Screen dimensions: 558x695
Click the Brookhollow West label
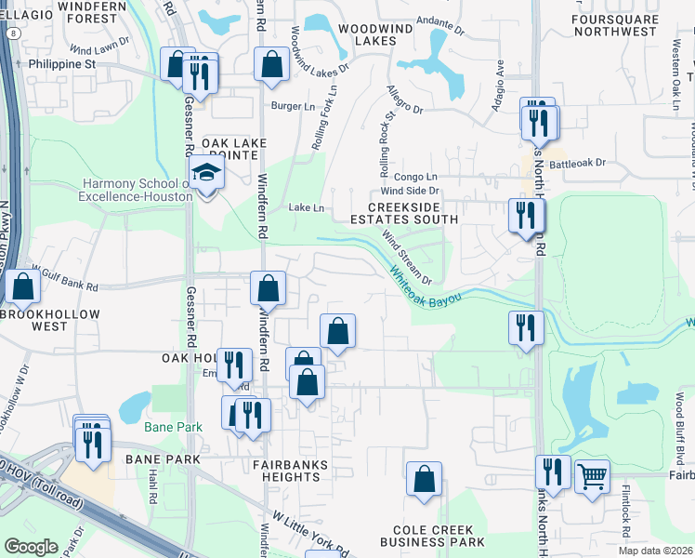coord(37,319)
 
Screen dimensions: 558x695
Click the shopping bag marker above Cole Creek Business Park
coord(424,480)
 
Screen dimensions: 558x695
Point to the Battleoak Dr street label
coord(577,163)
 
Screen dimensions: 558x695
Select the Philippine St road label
coord(62,64)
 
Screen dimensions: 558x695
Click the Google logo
coord(31,546)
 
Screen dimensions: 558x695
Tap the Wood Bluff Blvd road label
coord(678,428)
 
